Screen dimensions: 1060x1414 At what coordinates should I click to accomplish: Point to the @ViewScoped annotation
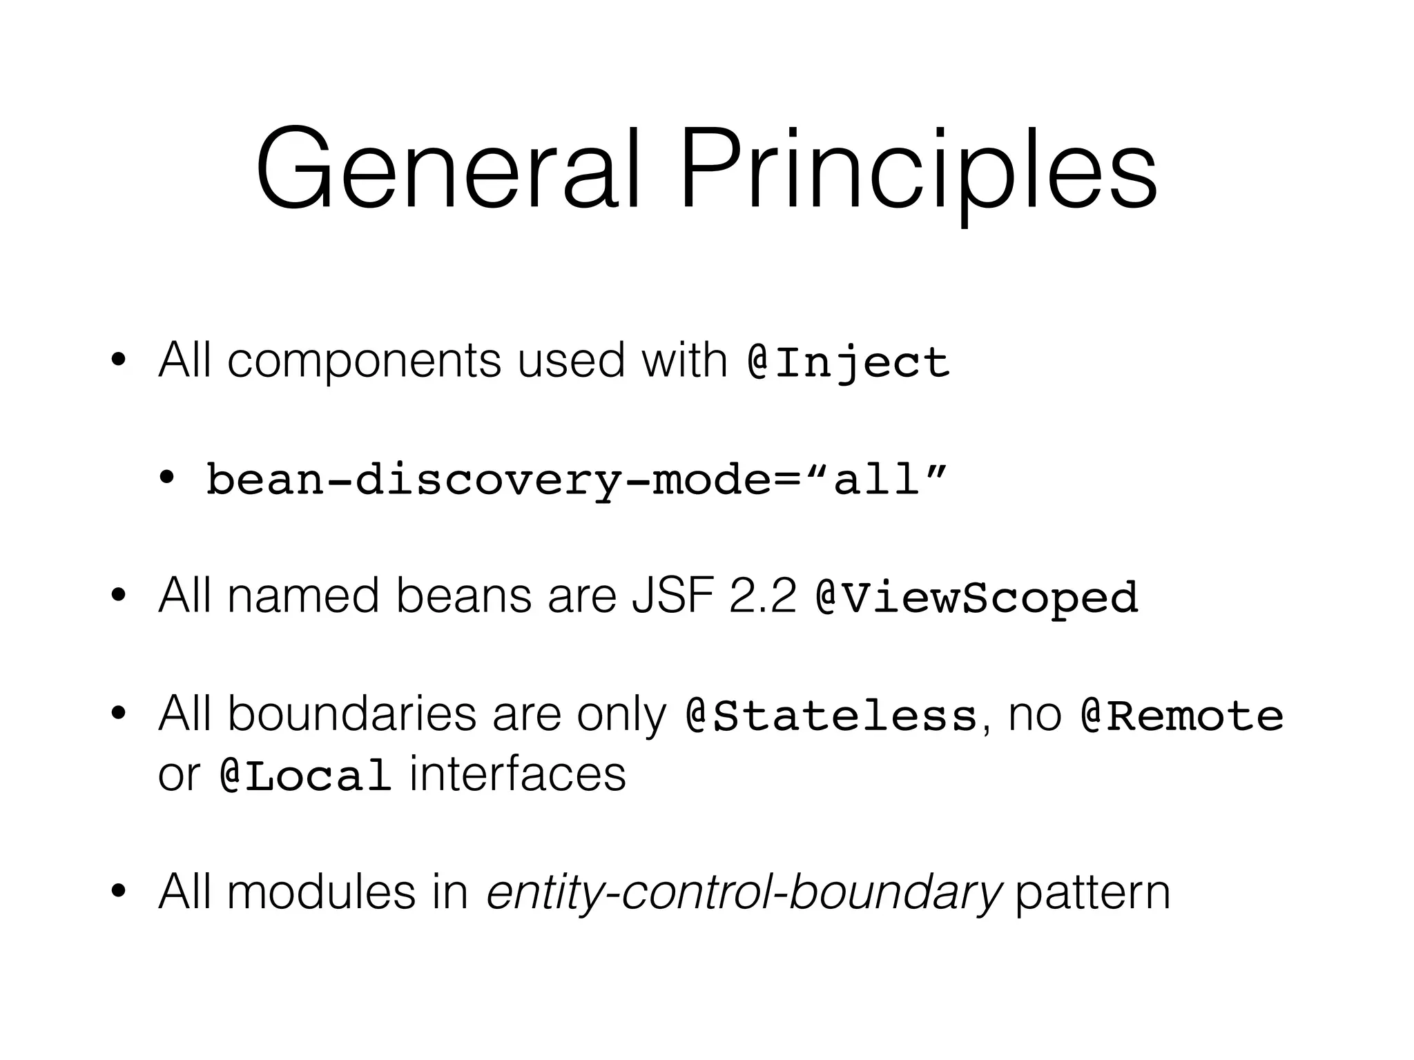[976, 597]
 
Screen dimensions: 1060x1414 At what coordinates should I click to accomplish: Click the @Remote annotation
[1182, 716]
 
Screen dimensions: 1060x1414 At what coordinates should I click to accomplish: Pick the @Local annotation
[305, 776]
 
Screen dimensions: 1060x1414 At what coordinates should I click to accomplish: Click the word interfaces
[518, 774]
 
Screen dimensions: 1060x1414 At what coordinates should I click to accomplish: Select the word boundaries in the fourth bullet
[351, 714]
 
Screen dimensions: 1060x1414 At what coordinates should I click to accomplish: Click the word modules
[321, 892]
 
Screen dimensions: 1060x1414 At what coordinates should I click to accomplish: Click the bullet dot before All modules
[118, 892]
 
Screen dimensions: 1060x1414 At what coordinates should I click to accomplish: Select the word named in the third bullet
[303, 596]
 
